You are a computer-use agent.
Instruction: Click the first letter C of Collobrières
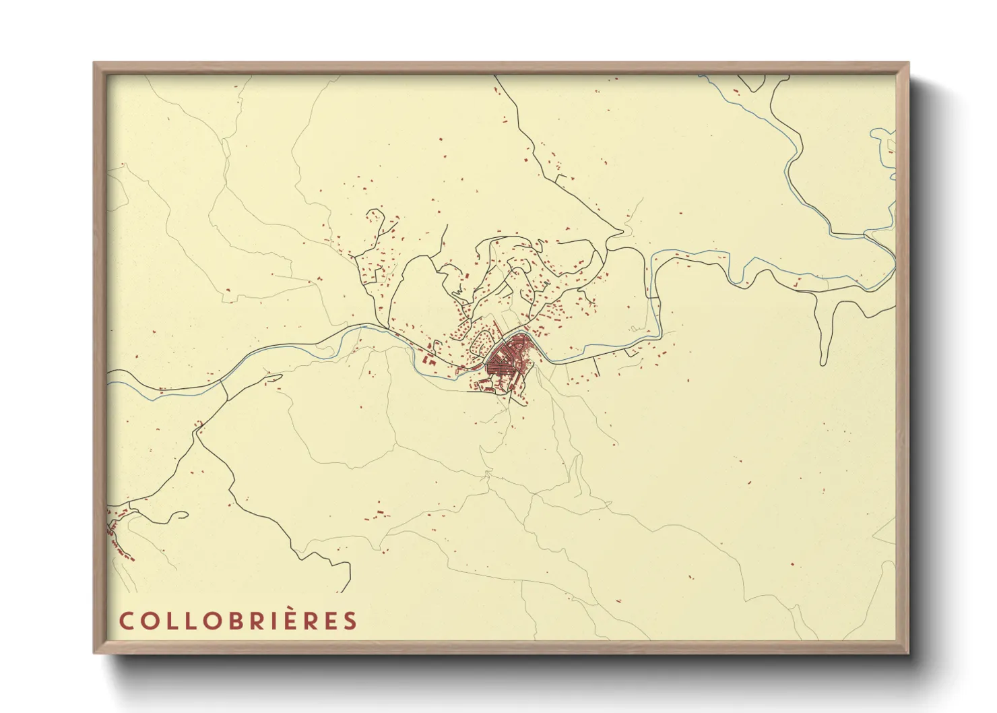tap(125, 621)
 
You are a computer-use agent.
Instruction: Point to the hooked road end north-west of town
tap(375, 216)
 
